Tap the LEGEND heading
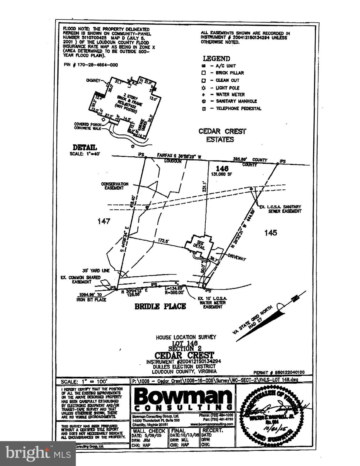[x=216, y=59]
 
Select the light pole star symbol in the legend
[x=204, y=88]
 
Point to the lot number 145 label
[x=271, y=233]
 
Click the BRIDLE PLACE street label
[x=160, y=306]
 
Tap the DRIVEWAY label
[x=237, y=258]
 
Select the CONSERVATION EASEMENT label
[x=115, y=186]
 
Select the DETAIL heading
[x=85, y=148]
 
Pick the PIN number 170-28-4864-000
[x=91, y=65]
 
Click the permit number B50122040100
[x=279, y=372]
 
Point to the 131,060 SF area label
[x=222, y=174]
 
